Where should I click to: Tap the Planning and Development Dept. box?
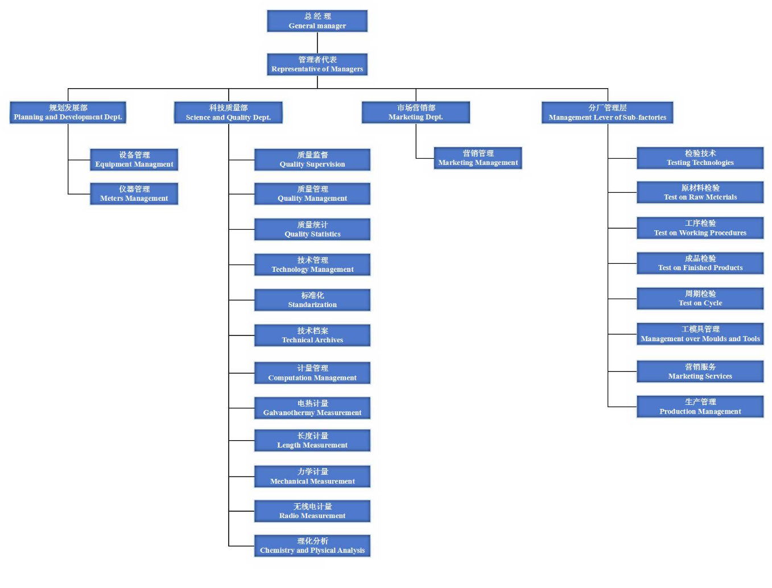68,112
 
